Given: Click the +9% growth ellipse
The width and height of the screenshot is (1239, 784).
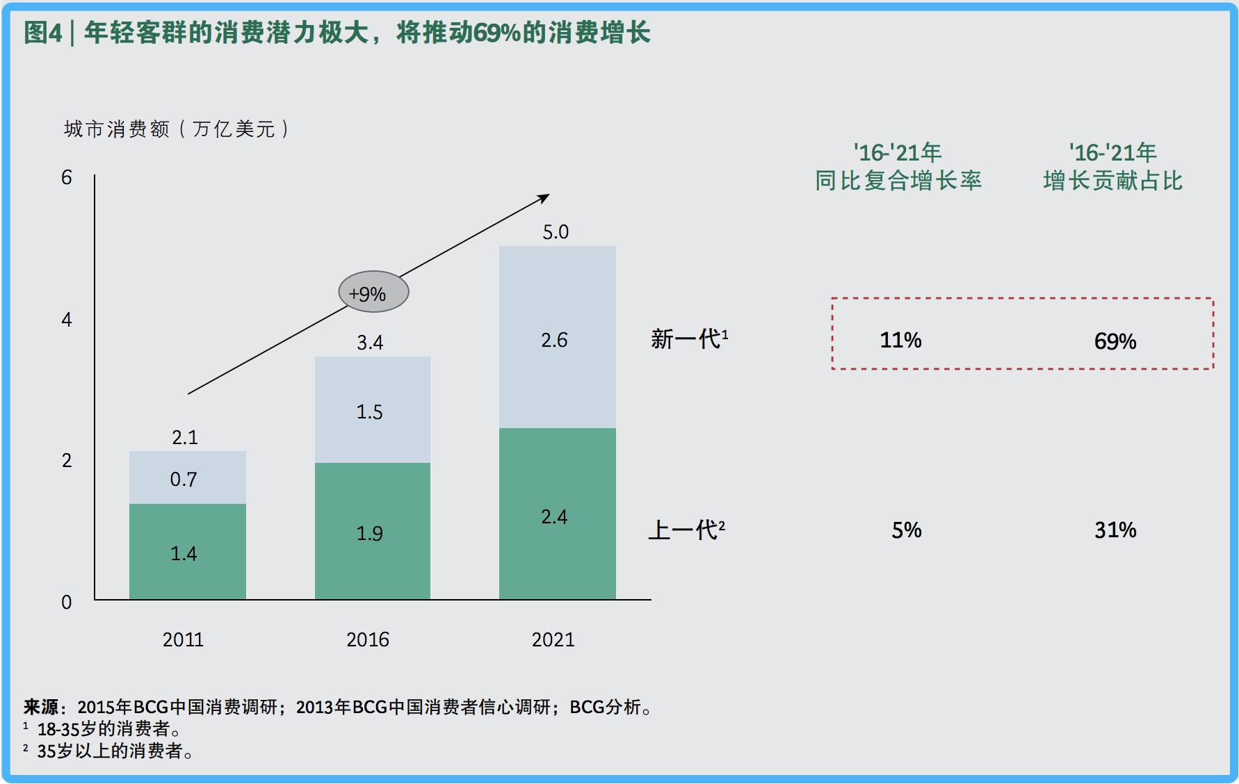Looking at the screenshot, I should [373, 292].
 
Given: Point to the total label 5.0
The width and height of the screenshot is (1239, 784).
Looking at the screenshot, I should [556, 232].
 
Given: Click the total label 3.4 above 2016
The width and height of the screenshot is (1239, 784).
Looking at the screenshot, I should [370, 343].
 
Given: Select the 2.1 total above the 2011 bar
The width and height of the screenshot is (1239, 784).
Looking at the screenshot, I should [185, 438].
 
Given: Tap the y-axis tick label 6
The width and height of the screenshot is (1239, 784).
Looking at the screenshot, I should [67, 178].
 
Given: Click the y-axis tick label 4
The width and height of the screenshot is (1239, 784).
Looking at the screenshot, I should [67, 320].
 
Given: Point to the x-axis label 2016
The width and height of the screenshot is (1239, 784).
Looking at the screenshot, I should [368, 639].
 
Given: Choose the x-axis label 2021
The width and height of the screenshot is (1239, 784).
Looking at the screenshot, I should [553, 639].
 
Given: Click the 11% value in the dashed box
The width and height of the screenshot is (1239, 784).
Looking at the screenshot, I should [900, 341].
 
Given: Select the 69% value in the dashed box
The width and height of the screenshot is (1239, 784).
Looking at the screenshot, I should [1115, 341].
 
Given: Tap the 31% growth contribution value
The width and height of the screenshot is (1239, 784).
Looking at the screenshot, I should [1115, 530].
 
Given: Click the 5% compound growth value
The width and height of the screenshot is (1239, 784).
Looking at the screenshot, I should [907, 530].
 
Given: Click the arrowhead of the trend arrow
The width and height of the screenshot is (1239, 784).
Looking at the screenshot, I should [544, 198].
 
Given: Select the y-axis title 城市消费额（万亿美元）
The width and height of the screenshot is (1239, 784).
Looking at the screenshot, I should [177, 129].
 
